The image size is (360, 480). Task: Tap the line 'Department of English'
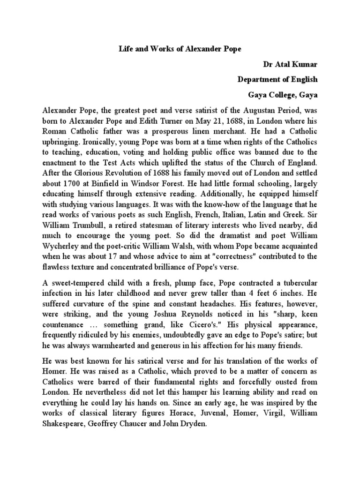click(277, 79)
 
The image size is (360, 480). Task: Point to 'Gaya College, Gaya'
click(283, 95)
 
